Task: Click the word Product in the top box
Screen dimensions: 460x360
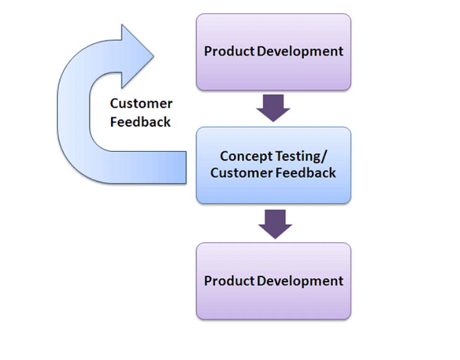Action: pyautogui.click(x=229, y=51)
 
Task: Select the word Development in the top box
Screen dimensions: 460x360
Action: pyautogui.click(x=300, y=52)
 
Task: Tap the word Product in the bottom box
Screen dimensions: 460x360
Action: pyautogui.click(x=229, y=281)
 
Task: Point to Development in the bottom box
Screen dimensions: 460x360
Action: pyautogui.click(x=300, y=282)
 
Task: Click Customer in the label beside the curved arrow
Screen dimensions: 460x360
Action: pyautogui.click(x=141, y=104)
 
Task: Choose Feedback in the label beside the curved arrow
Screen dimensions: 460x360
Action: pyautogui.click(x=140, y=122)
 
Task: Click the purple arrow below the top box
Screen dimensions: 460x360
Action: pyautogui.click(x=274, y=108)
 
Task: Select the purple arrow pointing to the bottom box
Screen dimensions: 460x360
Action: pyautogui.click(x=275, y=224)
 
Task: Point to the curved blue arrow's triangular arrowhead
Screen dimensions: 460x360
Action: pyautogui.click(x=138, y=56)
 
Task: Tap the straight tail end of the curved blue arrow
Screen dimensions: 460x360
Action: pyautogui.click(x=186, y=167)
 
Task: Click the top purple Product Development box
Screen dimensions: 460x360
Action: pyautogui.click(x=274, y=52)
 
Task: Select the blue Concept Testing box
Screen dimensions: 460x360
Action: pyautogui.click(x=274, y=165)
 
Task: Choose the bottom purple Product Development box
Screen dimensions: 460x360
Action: pyautogui.click(x=274, y=281)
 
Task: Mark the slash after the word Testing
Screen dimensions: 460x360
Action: pyautogui.click(x=324, y=157)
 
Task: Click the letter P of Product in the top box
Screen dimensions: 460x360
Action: pyautogui.click(x=208, y=51)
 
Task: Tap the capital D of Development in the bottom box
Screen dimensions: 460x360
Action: pyautogui.click(x=262, y=281)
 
